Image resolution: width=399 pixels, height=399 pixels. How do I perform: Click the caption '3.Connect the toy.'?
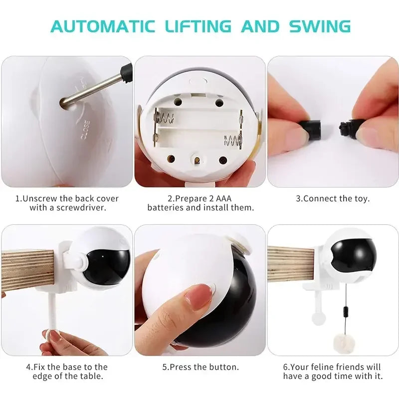[333, 199]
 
